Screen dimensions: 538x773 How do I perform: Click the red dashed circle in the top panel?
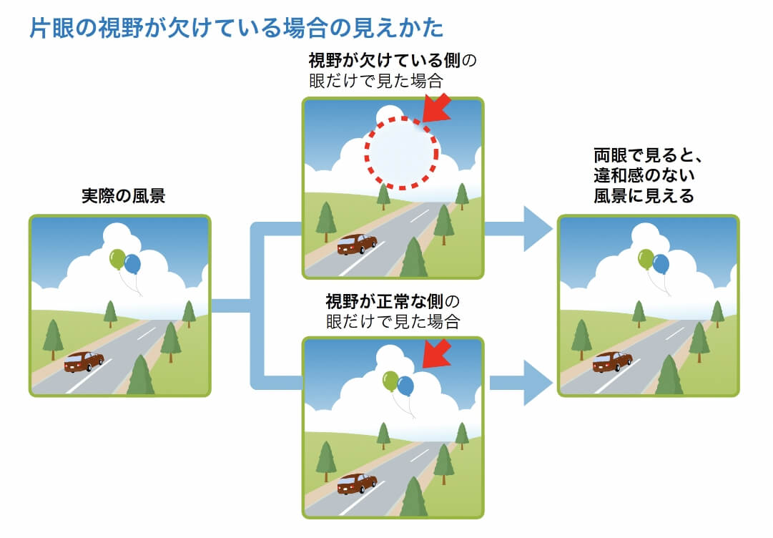pyautogui.click(x=401, y=152)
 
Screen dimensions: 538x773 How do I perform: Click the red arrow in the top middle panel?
pyautogui.click(x=438, y=109)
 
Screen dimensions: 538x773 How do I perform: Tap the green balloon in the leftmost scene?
pyautogui.click(x=117, y=259)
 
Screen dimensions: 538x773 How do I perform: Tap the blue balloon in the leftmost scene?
pyautogui.click(x=132, y=265)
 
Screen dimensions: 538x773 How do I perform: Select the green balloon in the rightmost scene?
pyautogui.click(x=646, y=259)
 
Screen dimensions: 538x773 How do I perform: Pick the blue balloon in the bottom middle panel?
pyautogui.click(x=405, y=386)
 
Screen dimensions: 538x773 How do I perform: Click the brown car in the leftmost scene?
pyautogui.click(x=83, y=361)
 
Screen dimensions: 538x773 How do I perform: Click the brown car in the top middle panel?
pyautogui.click(x=357, y=244)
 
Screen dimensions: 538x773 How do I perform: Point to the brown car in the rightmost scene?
pyautogui.click(x=612, y=361)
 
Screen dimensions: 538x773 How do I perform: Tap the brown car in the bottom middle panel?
pyautogui.click(x=357, y=484)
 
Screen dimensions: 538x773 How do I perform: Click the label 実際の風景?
pyautogui.click(x=123, y=196)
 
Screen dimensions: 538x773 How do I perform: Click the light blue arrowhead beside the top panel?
pyautogui.click(x=538, y=229)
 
